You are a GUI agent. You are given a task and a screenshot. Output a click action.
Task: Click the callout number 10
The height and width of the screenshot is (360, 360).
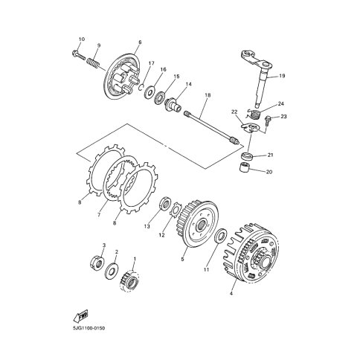coord(82,39)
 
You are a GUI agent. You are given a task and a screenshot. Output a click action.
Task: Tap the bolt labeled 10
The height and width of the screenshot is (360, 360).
coord(78,54)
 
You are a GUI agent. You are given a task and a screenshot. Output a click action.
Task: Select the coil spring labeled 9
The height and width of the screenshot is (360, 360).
coord(93,62)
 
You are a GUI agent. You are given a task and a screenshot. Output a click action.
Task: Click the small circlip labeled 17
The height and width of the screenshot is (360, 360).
coord(141,87)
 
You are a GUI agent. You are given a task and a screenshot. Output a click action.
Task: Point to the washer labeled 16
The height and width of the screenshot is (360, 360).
coord(150,91)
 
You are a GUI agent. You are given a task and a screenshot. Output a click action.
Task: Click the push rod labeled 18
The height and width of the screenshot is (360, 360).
coord(212,129)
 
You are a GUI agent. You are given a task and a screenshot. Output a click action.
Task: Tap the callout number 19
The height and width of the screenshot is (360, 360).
coord(282,76)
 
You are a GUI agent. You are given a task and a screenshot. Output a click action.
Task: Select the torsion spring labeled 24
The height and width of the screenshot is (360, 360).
coord(253,115)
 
